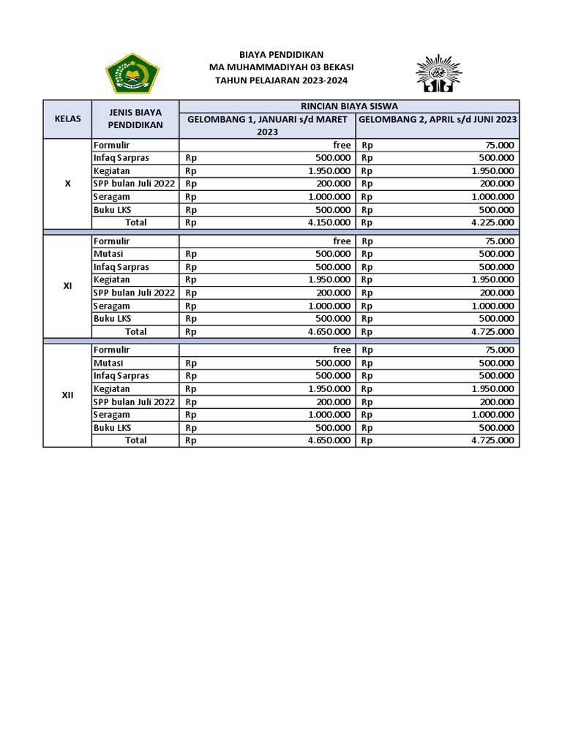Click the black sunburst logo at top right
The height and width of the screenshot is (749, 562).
click(x=435, y=73)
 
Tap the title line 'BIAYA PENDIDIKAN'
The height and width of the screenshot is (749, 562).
click(x=281, y=55)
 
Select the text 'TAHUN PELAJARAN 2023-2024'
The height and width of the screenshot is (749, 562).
click(x=281, y=81)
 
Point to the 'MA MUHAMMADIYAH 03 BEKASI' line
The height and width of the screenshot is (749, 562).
click(x=281, y=68)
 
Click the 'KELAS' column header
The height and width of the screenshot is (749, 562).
click(x=67, y=119)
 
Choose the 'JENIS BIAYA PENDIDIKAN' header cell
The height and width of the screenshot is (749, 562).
click(x=135, y=119)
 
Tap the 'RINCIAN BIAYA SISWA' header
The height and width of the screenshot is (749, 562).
click(x=349, y=106)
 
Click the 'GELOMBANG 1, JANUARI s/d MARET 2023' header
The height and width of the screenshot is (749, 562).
click(x=267, y=125)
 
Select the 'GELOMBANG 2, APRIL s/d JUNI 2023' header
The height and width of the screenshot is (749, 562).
click(x=438, y=119)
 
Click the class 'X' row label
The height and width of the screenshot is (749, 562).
click(x=67, y=184)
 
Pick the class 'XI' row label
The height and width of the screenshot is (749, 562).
click(x=67, y=286)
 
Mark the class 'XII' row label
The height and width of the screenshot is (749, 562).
click(x=67, y=395)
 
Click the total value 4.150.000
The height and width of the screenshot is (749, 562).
click(x=329, y=222)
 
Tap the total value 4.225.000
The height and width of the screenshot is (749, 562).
click(x=492, y=222)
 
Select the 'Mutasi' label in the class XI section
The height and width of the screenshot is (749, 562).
click(x=108, y=254)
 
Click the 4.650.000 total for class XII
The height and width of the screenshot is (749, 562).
click(x=329, y=440)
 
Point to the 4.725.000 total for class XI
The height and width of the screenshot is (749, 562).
click(x=492, y=331)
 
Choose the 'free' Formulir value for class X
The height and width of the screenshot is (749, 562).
click(x=342, y=145)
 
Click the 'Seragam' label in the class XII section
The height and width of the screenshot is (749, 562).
click(x=112, y=415)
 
